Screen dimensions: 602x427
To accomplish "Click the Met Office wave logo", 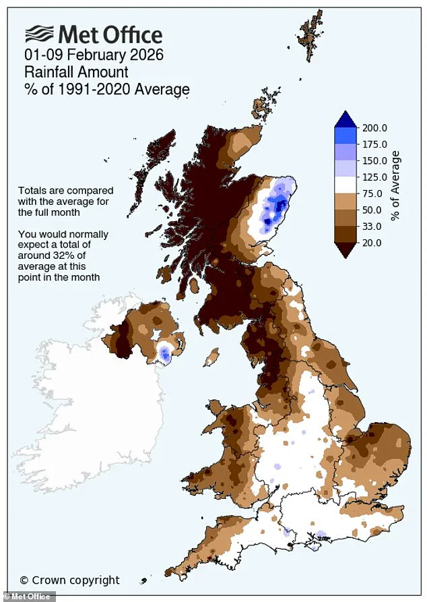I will pos(39,34).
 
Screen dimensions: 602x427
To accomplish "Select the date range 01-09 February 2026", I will pos(94,55).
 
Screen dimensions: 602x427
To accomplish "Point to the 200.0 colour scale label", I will pos(375,128).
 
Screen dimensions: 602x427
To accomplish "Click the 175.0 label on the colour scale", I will pos(375,144).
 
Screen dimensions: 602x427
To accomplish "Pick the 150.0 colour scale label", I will pos(375,161).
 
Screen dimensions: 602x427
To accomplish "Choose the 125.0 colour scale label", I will pos(375,177).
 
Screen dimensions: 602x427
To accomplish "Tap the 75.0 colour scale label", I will pos(372,193).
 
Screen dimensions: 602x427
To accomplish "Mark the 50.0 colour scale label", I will pos(372,210).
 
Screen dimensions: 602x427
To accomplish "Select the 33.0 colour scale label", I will pos(372,226).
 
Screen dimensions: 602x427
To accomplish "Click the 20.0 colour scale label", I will pos(372,243).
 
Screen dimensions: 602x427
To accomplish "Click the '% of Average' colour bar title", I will pos(397,185).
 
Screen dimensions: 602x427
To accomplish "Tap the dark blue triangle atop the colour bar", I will pos(345,119).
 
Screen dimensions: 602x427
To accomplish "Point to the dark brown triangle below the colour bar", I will pos(345,249).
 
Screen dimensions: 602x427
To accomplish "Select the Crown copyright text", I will pos(69,580).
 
